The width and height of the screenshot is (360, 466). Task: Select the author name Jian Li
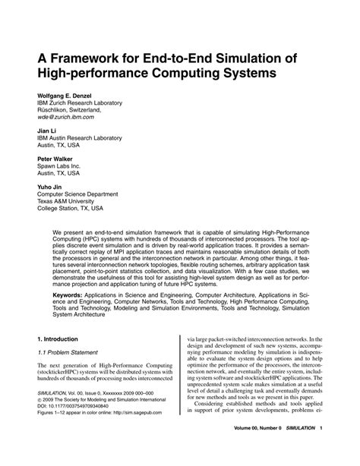(48, 131)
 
